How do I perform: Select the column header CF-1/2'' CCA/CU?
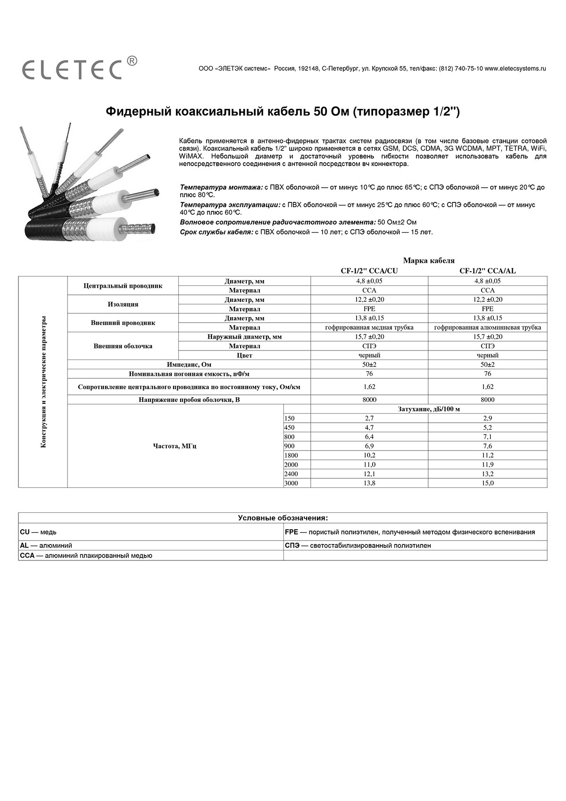(369, 271)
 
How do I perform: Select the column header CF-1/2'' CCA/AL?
(488, 271)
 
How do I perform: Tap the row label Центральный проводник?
(123, 286)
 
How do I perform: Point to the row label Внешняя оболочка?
(123, 346)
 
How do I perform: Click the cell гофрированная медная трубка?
(369, 327)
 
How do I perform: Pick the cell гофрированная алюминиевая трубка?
(488, 327)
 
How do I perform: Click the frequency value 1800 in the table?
(291, 455)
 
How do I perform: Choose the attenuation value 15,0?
(488, 483)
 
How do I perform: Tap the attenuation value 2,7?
(369, 418)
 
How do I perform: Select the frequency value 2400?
(291, 474)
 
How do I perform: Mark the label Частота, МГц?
(175, 446)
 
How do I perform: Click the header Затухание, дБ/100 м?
(429, 409)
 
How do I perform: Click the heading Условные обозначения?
(283, 518)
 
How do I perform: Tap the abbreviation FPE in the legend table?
(291, 532)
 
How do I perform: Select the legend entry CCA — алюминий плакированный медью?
(86, 556)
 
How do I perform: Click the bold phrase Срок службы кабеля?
(216, 232)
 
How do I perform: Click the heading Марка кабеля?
(429, 260)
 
